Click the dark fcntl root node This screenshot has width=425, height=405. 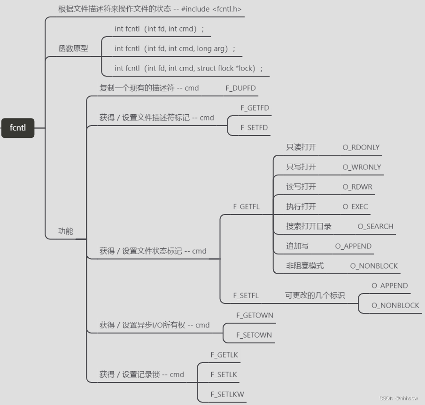coord(18,128)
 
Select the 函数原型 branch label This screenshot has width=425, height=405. coord(73,48)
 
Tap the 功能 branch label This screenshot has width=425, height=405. coord(66,231)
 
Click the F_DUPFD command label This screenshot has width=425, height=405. coord(241,88)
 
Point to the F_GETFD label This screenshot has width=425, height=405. coord(255,108)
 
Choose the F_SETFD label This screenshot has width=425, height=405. coord(254,127)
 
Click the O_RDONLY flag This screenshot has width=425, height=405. coord(361,147)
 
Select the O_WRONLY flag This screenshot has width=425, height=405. coord(362,167)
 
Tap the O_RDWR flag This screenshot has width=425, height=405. coord(357,187)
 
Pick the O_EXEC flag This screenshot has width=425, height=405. coord(355,206)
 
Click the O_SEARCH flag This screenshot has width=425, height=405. coord(375,226)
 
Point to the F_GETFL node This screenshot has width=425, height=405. coord(246,206)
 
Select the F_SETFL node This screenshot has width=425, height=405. coord(246,295)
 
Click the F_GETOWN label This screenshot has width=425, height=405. coord(255,315)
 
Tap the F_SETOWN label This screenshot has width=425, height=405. coord(254,335)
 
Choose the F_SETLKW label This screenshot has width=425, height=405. coord(227,394)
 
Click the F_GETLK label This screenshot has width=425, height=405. coord(224,355)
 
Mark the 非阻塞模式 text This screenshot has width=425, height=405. coord(305,266)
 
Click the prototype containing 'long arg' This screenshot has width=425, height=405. coord(175,48)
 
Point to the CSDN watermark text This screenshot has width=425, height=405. coord(398,398)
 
